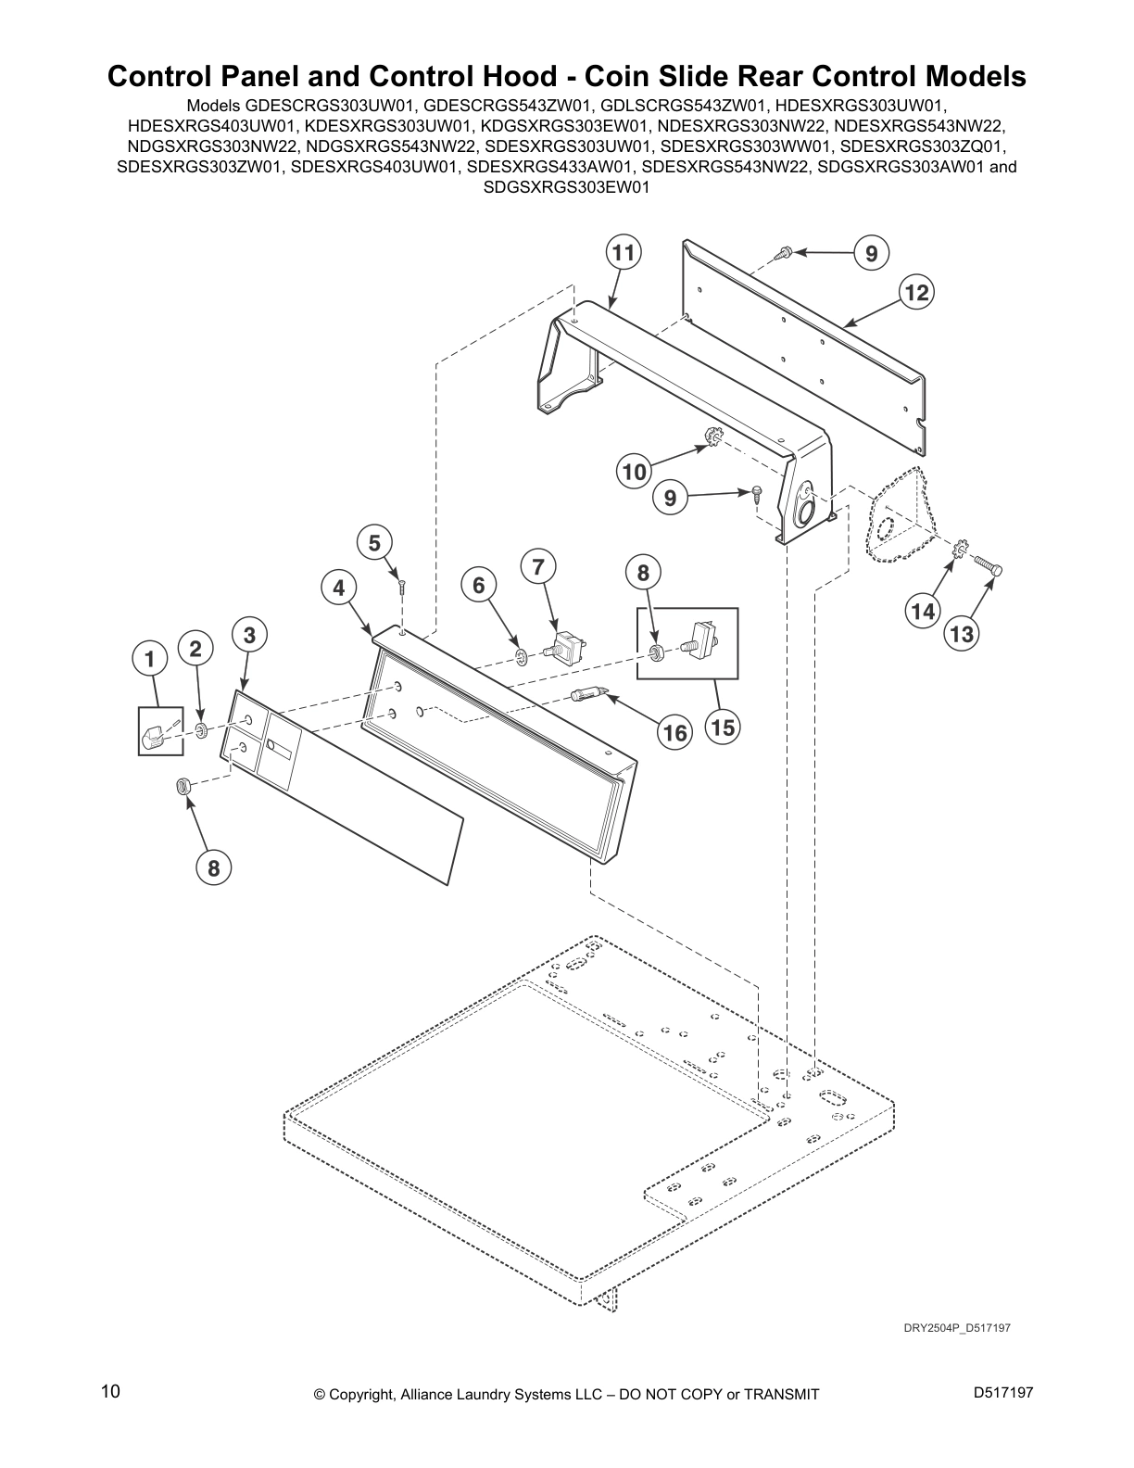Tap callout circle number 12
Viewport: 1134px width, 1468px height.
tap(915, 293)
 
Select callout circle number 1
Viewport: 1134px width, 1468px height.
tap(148, 659)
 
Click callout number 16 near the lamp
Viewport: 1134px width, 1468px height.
tap(674, 733)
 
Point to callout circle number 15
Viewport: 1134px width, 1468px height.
tap(723, 728)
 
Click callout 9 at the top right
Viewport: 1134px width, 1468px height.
tap(871, 253)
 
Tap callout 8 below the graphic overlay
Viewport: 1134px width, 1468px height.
tap(213, 868)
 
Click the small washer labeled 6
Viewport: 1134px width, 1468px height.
tap(522, 658)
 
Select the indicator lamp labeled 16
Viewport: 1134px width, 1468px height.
tap(589, 691)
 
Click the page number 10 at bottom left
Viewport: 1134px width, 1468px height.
tap(110, 1391)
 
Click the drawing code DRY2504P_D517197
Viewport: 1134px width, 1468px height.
tap(957, 1328)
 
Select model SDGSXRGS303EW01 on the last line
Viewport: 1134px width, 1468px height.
tap(567, 186)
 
